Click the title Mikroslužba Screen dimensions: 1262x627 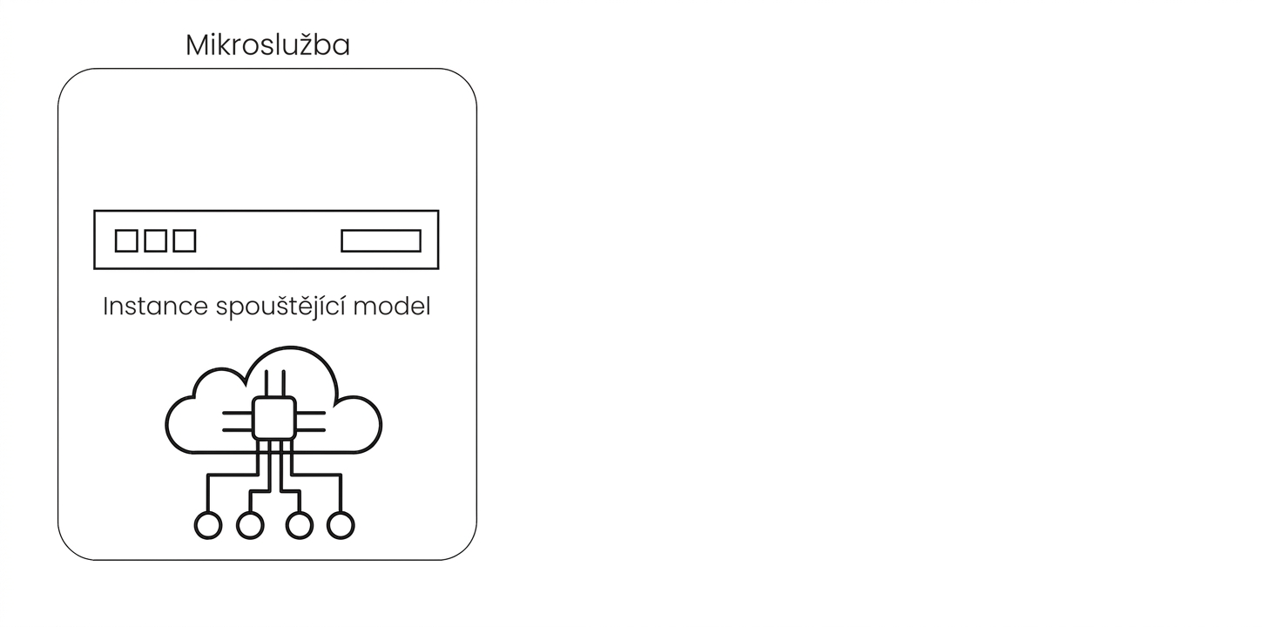point(267,44)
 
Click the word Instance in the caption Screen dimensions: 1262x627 point(156,307)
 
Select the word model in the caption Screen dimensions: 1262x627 point(392,307)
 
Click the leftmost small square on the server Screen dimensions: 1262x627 point(126,240)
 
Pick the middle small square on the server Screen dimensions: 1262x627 point(156,240)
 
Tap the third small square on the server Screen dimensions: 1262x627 point(185,240)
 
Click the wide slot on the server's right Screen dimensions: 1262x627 point(381,240)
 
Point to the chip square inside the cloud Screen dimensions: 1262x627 point(274,419)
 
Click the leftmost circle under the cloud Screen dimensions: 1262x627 point(208,526)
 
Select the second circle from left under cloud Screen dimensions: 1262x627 point(250,526)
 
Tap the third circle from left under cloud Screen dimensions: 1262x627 point(299,526)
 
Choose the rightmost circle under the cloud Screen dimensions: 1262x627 point(341,526)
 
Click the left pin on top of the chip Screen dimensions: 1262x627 point(266,383)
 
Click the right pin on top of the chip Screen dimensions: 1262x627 point(283,383)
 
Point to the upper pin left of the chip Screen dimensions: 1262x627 point(237,413)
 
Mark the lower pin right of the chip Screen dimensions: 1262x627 point(311,430)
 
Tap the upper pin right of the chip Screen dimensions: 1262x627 point(311,413)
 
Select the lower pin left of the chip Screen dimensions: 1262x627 point(237,430)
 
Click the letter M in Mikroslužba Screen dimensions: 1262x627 point(198,45)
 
